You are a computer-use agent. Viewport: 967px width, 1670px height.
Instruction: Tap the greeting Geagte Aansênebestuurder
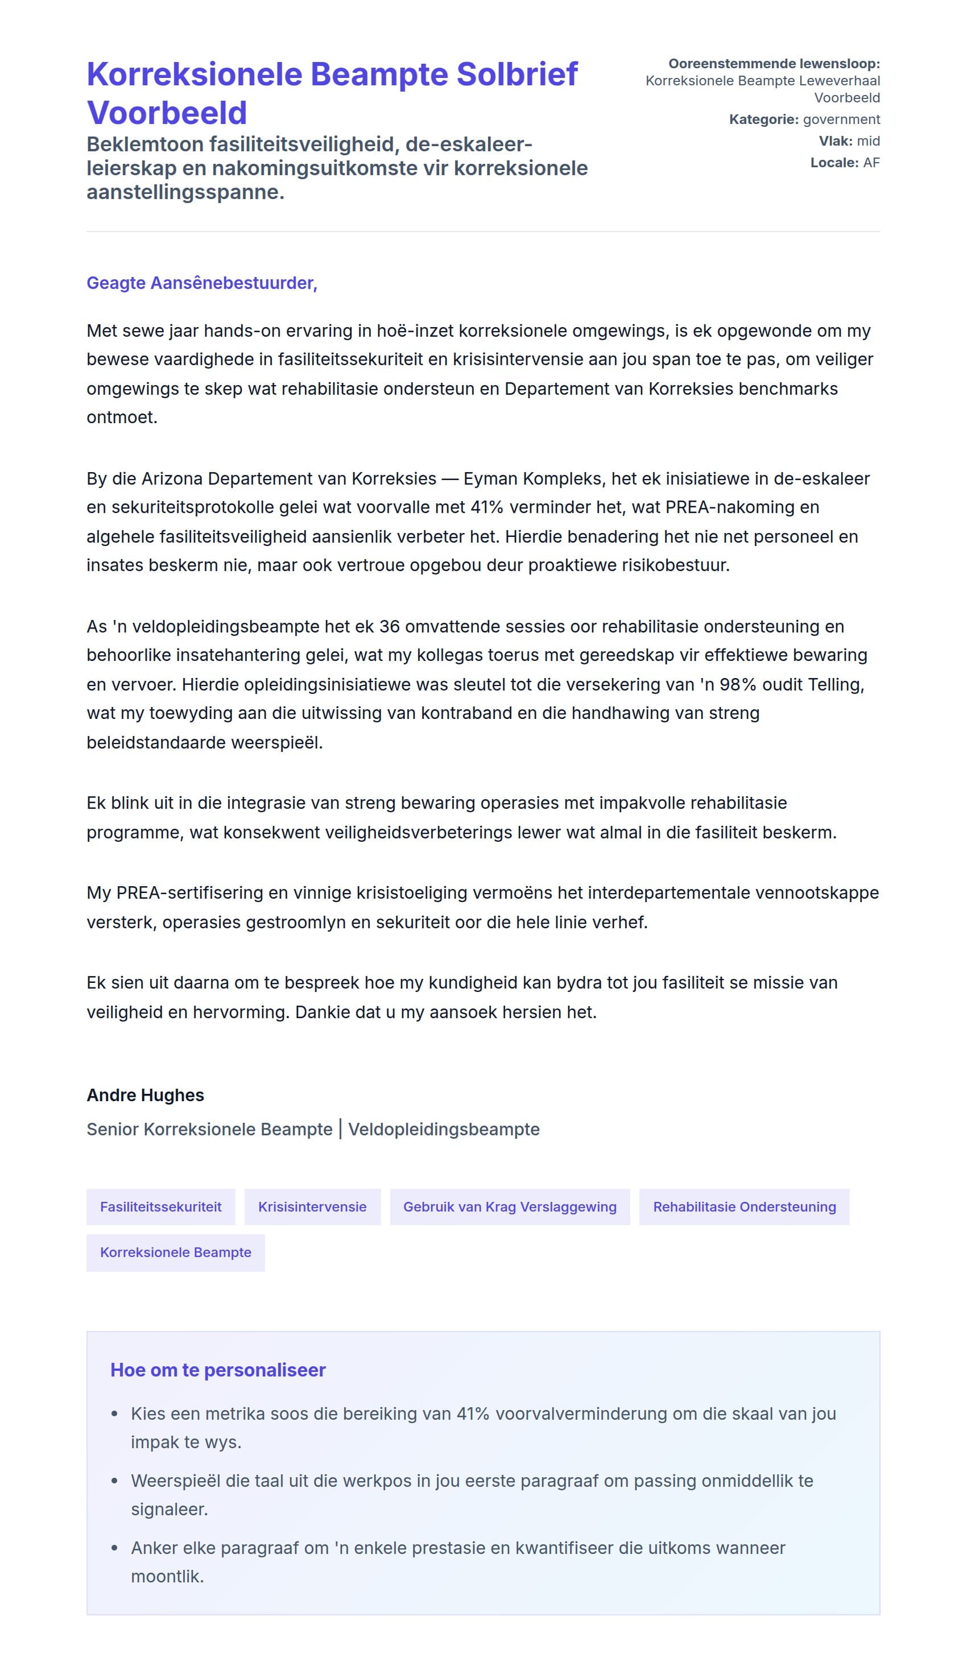point(201,283)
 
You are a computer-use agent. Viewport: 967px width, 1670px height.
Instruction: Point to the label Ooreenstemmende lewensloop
point(774,64)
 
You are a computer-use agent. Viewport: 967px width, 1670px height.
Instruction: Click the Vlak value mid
point(867,141)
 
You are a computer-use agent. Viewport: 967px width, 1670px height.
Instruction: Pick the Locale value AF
point(871,162)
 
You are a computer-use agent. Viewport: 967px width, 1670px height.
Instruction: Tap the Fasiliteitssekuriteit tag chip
point(160,1207)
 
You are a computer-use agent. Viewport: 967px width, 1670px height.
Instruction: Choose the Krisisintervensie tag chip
point(312,1207)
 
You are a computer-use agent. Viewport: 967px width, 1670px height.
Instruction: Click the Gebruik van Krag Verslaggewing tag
point(510,1207)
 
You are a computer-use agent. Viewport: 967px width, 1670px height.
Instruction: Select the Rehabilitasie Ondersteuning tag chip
point(743,1207)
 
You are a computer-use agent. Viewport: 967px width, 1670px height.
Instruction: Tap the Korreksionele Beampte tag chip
point(176,1252)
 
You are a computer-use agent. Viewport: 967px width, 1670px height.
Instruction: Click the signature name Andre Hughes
point(145,1096)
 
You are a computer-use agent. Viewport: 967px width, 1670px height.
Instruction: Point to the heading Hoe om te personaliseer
point(217,1370)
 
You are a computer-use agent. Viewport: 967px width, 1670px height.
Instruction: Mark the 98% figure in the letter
point(738,684)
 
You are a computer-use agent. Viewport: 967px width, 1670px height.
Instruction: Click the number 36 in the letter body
point(390,626)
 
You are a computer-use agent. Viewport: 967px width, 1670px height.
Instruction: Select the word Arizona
point(172,478)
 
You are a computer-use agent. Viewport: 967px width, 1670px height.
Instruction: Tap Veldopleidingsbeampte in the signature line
point(444,1129)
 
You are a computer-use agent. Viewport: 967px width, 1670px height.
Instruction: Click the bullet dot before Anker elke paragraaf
point(115,1549)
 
